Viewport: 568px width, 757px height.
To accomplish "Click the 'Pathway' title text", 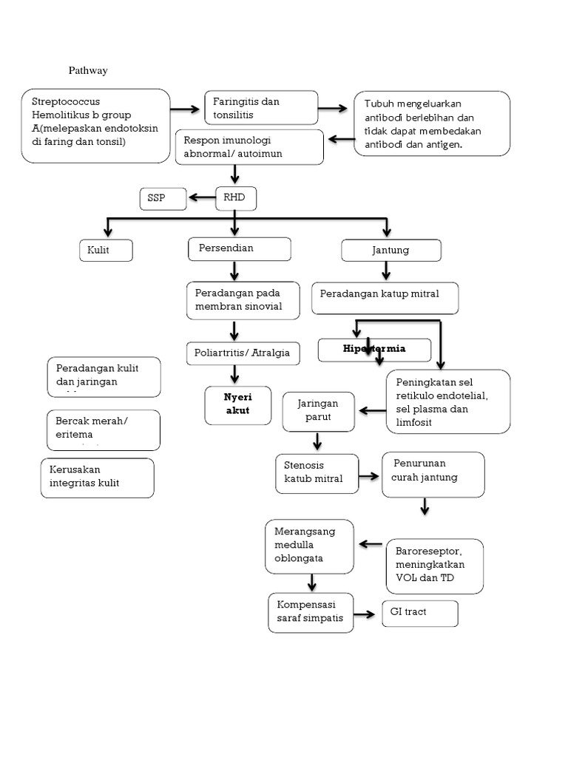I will click(x=88, y=71).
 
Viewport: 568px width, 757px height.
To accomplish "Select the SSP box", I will click(x=163, y=198).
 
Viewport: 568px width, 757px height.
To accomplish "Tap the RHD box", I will click(x=235, y=197).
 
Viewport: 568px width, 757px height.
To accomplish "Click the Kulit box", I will click(x=106, y=251).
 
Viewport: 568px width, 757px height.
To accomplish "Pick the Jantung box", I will click(x=390, y=251).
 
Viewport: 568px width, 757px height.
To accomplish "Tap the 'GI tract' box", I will click(x=419, y=613).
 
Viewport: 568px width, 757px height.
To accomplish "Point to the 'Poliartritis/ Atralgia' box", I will click(x=243, y=353).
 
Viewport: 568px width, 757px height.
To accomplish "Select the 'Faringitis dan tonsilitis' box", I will click(x=261, y=108).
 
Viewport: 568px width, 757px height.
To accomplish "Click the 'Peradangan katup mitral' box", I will click(x=385, y=297).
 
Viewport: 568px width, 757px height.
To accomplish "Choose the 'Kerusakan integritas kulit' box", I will click(x=98, y=478).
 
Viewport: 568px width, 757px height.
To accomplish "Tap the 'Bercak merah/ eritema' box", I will click(x=103, y=430).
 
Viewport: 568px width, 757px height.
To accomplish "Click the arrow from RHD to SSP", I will click(x=201, y=197).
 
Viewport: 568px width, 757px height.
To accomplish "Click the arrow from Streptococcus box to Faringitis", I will click(x=186, y=109).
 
